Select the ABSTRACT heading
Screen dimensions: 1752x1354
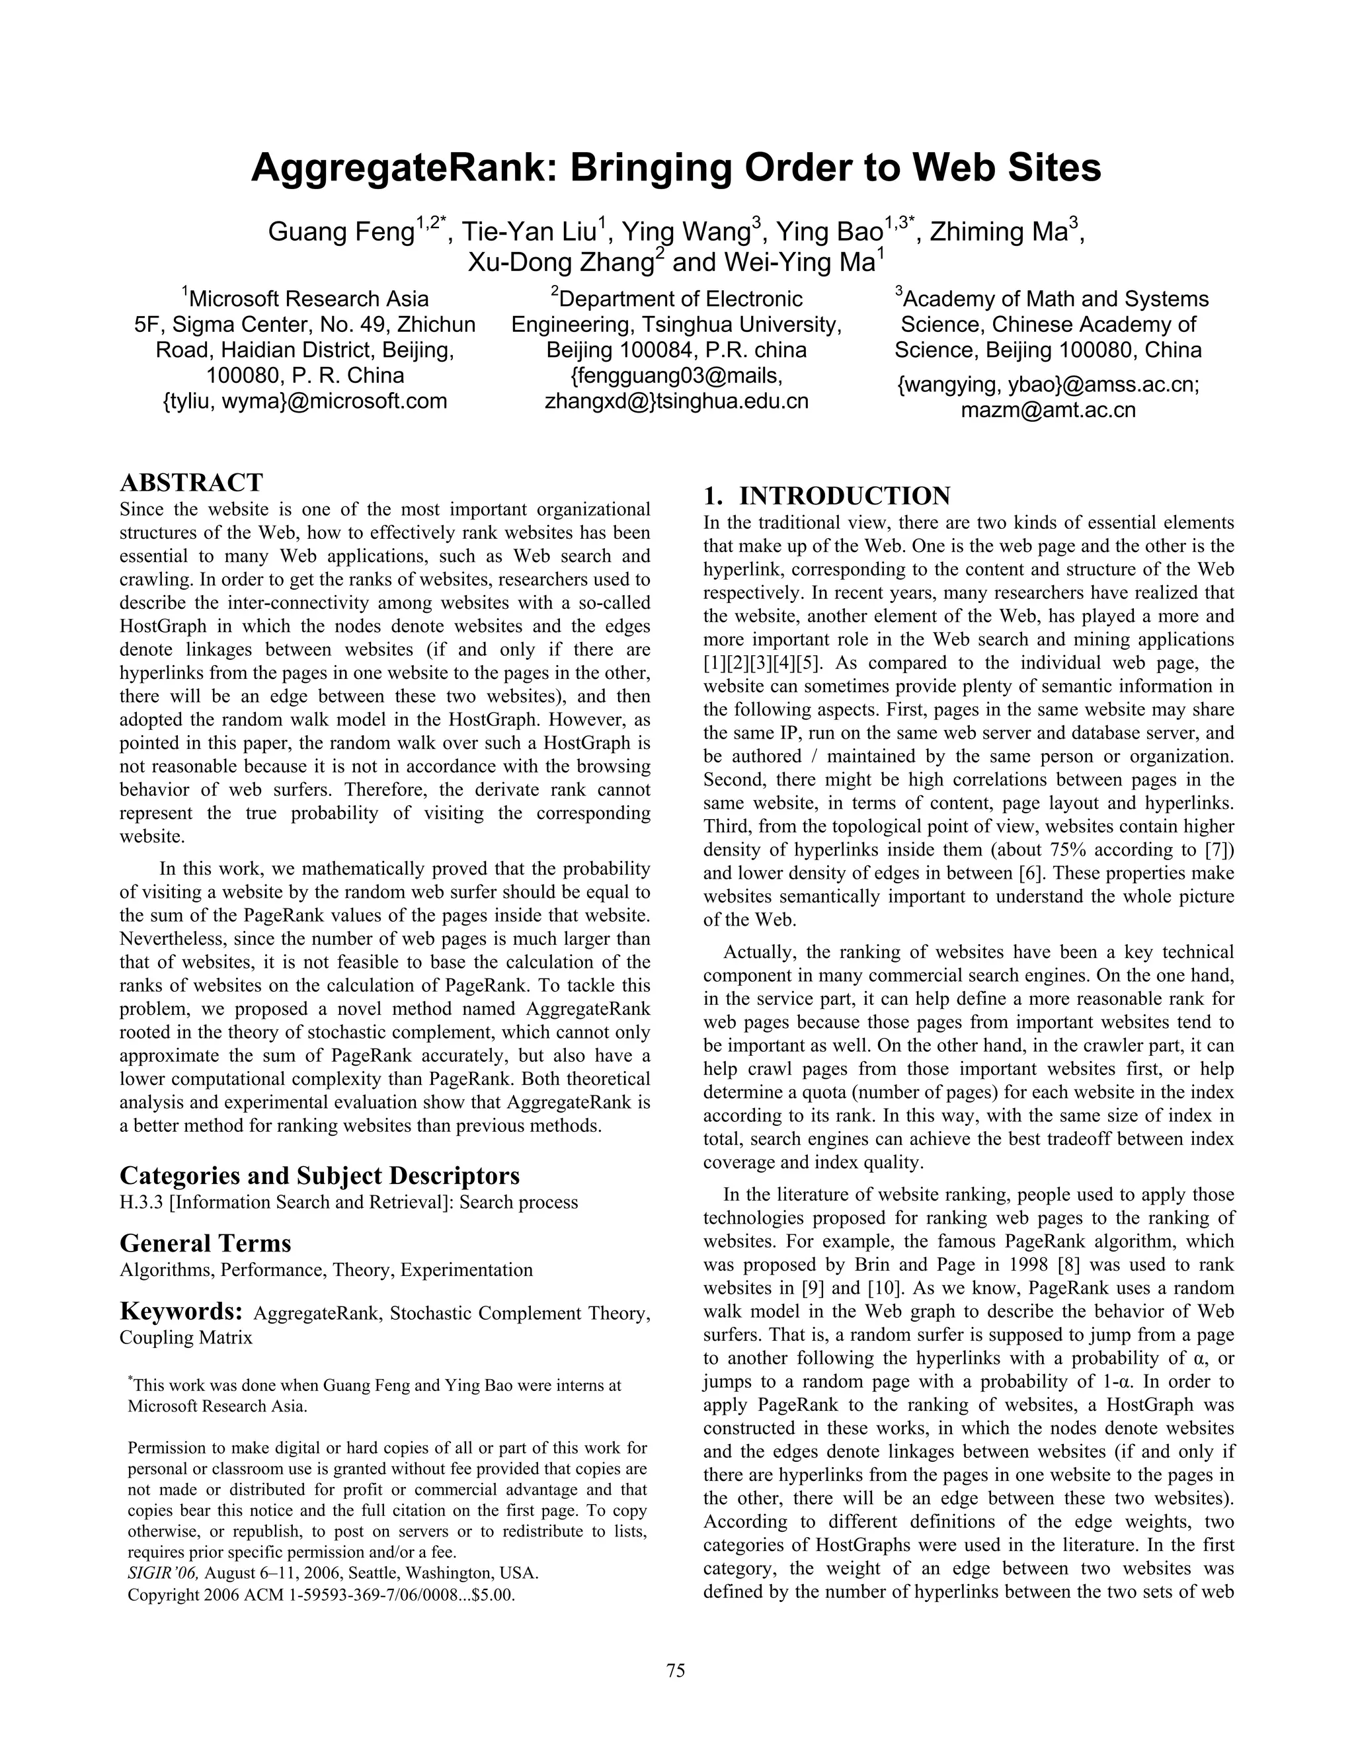191,483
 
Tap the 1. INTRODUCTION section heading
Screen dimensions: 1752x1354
827,496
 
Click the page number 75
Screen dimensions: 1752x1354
676,1670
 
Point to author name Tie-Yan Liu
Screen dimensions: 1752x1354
533,233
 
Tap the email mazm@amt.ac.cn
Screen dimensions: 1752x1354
1048,411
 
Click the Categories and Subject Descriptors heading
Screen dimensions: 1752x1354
319,1176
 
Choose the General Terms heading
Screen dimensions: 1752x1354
206,1244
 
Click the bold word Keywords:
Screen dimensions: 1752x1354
181,1312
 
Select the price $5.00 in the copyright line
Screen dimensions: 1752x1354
492,1595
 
